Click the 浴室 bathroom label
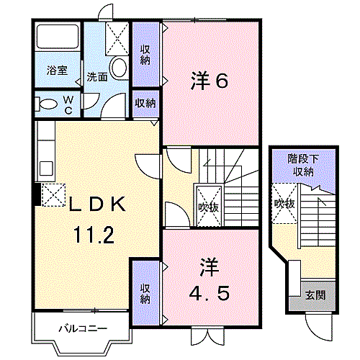pos(57,71)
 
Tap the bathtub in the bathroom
pos(58,36)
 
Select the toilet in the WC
pos(48,104)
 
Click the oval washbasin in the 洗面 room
pos(120,67)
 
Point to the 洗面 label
pos(96,77)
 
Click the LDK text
pos(97,204)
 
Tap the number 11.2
pos(94,235)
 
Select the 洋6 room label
pos(209,81)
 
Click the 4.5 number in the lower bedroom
pos(209,292)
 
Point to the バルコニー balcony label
pos(83,328)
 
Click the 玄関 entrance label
pos(315,295)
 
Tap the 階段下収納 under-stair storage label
pos(303,165)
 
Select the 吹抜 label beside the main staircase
pos(209,207)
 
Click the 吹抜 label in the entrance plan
pos(284,204)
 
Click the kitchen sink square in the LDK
pos(46,168)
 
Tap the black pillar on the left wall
pos(37,194)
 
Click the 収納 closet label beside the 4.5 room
pos(145,294)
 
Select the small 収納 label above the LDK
pos(145,103)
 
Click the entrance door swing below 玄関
pos(319,328)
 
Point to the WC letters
pos(68,104)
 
